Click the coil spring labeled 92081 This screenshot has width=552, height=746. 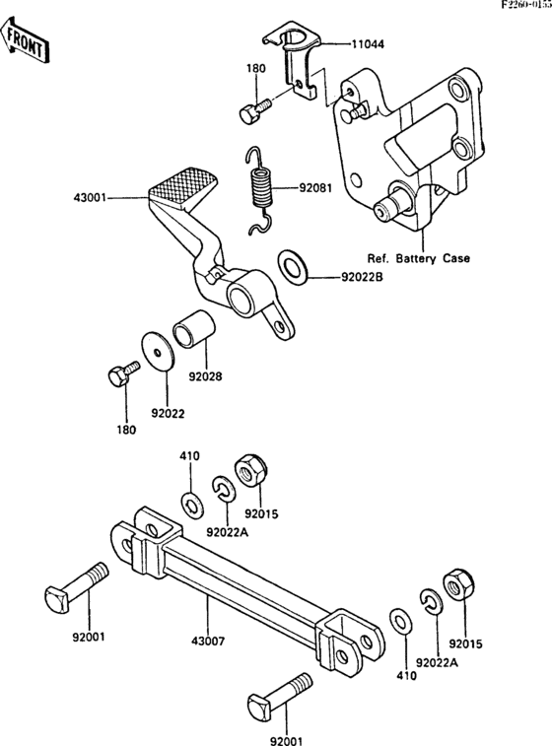[x=262, y=188]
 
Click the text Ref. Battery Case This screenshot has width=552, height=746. [x=418, y=258]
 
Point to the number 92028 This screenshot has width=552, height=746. [x=206, y=375]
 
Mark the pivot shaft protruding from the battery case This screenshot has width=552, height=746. [x=391, y=202]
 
